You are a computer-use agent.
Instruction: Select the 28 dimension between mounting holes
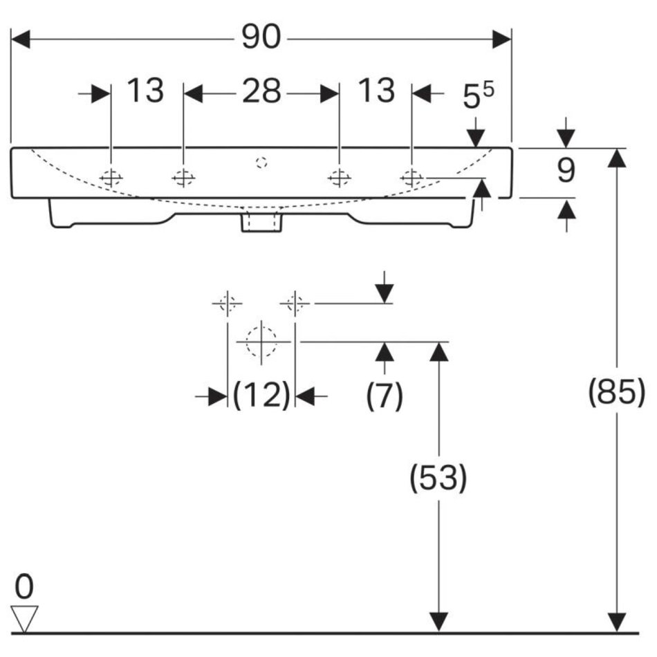[261, 91]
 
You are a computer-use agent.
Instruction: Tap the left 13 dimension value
[145, 91]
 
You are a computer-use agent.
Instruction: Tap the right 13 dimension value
[376, 91]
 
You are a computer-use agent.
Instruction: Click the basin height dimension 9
[566, 172]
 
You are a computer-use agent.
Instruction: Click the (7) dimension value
[385, 396]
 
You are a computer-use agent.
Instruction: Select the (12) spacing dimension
[261, 396]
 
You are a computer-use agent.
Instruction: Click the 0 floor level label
[24, 587]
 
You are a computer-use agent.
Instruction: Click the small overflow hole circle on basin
[261, 163]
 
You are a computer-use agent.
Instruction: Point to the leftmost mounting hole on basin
[111, 178]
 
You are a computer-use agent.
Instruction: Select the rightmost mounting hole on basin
[411, 178]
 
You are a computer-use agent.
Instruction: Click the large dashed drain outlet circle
[261, 342]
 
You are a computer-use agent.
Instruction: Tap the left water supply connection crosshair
[227, 303]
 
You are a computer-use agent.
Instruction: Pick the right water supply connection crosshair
[295, 303]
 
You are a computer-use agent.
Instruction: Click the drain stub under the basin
[261, 222]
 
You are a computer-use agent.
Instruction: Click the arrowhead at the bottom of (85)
[616, 622]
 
